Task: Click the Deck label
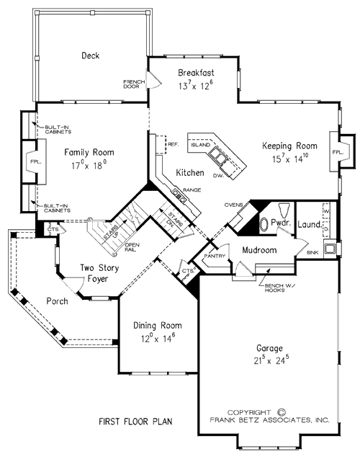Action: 90,55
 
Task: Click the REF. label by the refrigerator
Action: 172,143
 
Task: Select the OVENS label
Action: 232,204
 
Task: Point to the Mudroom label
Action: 259,250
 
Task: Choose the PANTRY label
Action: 213,256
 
